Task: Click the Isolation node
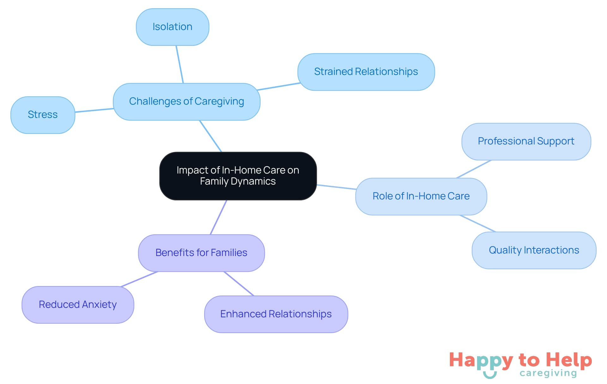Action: pyautogui.click(x=172, y=27)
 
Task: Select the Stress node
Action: pyautogui.click(x=43, y=115)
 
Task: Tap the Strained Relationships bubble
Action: pyautogui.click(x=366, y=72)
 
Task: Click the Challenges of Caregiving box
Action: pyautogui.click(x=187, y=101)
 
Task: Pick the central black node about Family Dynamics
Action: pyautogui.click(x=238, y=176)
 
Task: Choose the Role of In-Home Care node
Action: pyautogui.click(x=421, y=196)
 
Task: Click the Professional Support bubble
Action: pyautogui.click(x=526, y=141)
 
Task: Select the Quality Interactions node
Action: pyautogui.click(x=534, y=250)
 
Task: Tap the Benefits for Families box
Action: pyautogui.click(x=201, y=253)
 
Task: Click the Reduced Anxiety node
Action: pyautogui.click(x=78, y=305)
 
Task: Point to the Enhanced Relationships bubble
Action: pyautogui.click(x=276, y=314)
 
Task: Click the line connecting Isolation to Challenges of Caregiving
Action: pyautogui.click(x=180, y=64)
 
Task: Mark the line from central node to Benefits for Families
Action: pyautogui.click(x=218, y=217)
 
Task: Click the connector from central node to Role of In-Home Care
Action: pyautogui.click(x=336, y=187)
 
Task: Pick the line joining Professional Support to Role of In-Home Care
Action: pyautogui.click(x=474, y=169)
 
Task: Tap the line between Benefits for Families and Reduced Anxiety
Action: pyautogui.click(x=139, y=279)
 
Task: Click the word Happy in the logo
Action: pyautogui.click(x=481, y=361)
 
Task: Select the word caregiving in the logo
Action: pyautogui.click(x=548, y=373)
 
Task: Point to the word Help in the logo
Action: pyautogui.click(x=569, y=360)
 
